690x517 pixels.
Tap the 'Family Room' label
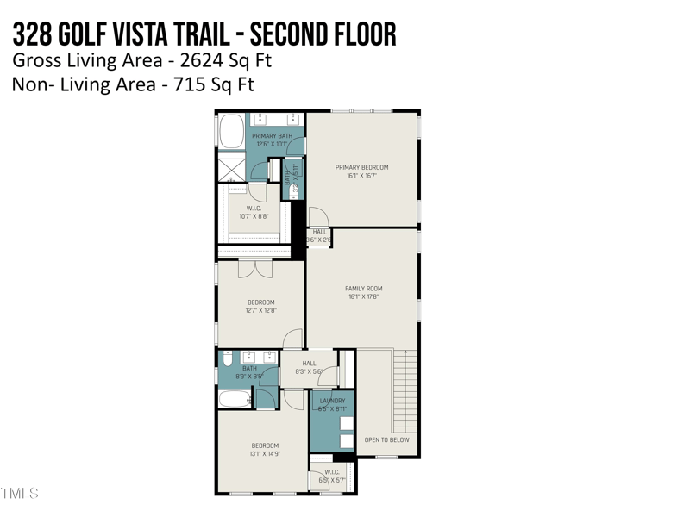363,289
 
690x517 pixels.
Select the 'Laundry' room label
332,401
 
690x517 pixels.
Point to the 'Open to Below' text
387,439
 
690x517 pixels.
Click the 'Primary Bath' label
272,136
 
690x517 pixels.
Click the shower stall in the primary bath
231,167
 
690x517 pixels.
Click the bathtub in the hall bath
232,398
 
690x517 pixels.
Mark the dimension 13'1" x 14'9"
265,453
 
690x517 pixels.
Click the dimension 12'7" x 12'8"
260,310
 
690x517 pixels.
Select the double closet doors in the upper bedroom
255,268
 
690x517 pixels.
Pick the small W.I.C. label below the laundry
332,472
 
